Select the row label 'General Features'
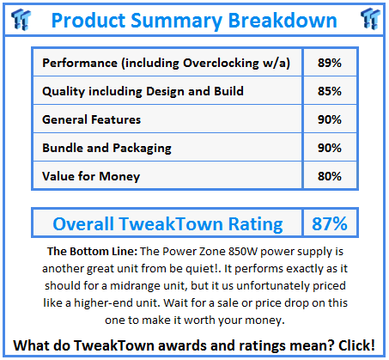[x=91, y=119]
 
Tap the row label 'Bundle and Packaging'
[x=108, y=148]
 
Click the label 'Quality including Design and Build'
[x=141, y=91]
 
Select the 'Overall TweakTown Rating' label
[x=167, y=224]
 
